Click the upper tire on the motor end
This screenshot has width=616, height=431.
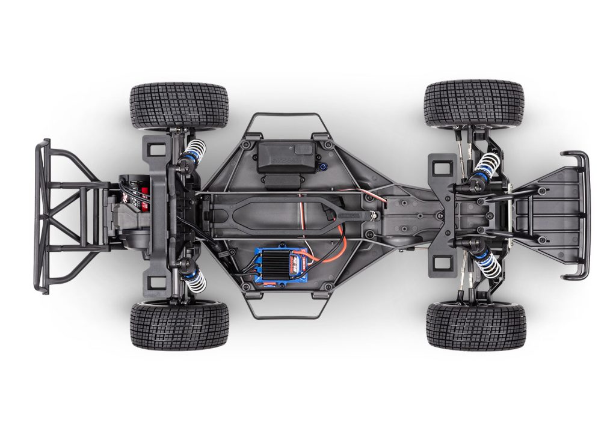coord(179,106)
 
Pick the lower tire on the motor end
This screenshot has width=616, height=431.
coord(179,325)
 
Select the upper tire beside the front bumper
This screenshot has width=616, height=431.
coord(473,103)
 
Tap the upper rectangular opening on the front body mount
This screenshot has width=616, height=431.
coord(443,166)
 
